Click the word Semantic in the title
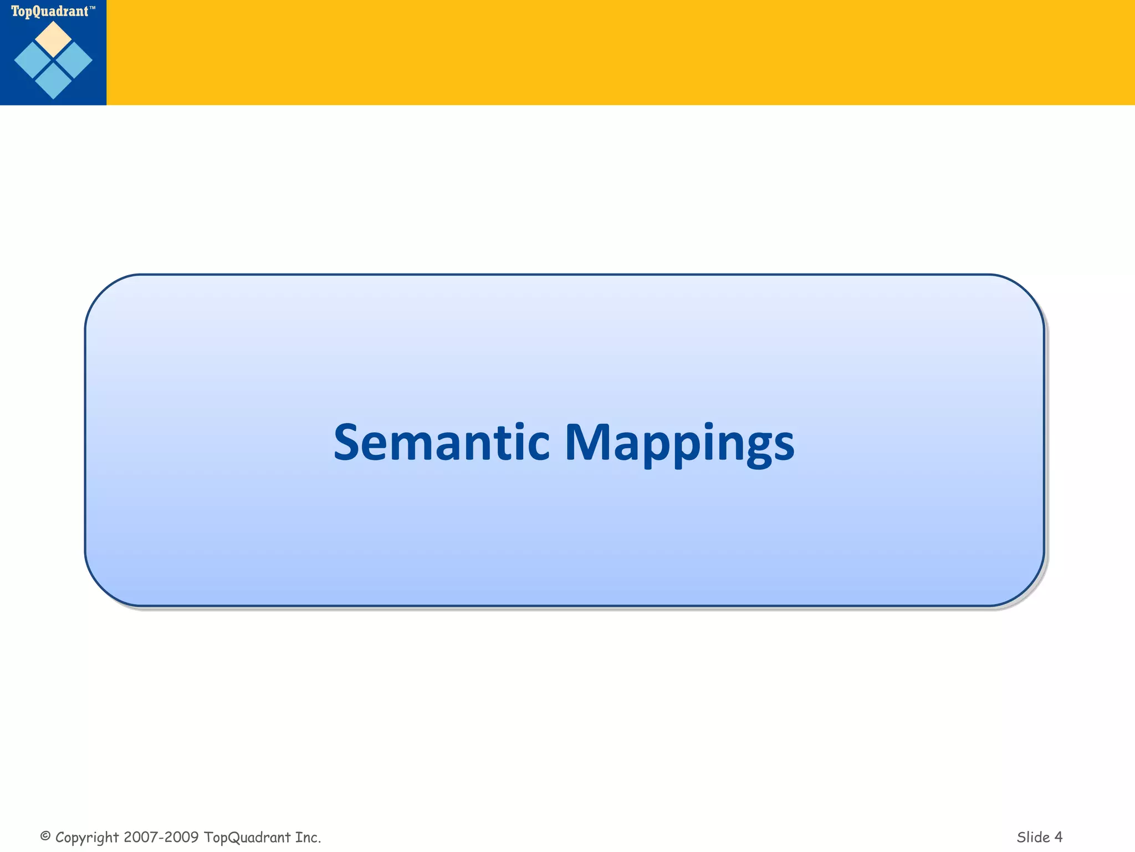(441, 443)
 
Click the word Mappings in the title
(679, 443)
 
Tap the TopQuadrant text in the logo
(50, 11)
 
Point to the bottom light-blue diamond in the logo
(53, 82)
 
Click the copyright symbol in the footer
(45, 836)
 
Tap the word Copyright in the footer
(87, 837)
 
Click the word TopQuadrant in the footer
(247, 837)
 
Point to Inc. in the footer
(308, 837)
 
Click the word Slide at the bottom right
(1033, 837)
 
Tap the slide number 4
(1058, 837)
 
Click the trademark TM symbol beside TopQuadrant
(93, 8)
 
